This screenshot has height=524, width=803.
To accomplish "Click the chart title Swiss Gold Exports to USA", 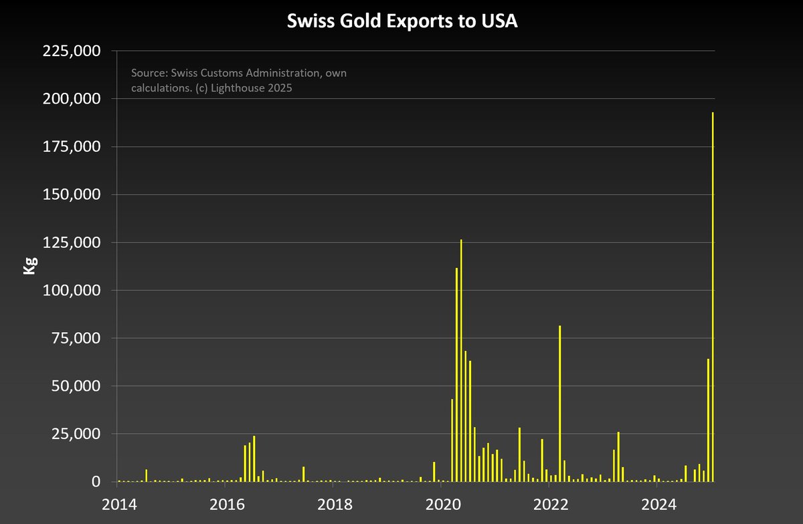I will (402, 21).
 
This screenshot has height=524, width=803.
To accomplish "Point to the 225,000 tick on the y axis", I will (71, 51).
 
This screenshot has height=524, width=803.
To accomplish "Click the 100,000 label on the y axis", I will (71, 291).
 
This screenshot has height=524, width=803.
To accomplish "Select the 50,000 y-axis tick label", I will (75, 386).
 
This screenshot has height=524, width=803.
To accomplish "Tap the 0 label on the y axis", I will (96, 482).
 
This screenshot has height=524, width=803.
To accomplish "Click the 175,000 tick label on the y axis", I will (71, 147).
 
